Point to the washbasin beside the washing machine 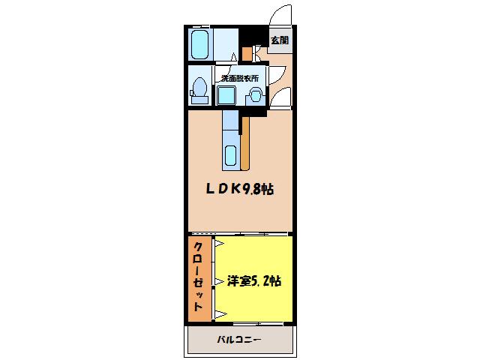pyautogui.click(x=255, y=95)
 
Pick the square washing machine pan pyautogui.click(x=227, y=95)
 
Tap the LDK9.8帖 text pyautogui.click(x=240, y=190)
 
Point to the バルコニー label pyautogui.click(x=239, y=340)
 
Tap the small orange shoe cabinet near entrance pyautogui.click(x=247, y=53)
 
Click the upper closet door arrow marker pyautogui.click(x=218, y=244)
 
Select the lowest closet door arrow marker pyautogui.click(x=218, y=311)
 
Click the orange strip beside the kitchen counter pyautogui.click(x=246, y=142)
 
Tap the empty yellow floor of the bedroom pyautogui.click(x=255, y=255)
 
